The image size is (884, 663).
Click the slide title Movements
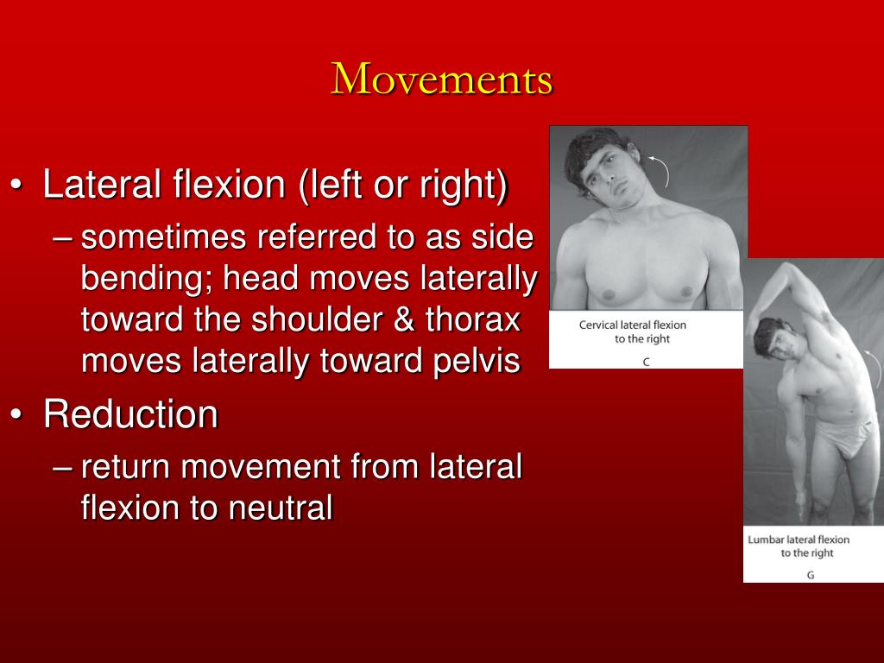442,79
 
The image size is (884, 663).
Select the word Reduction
131,414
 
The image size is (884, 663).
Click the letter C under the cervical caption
646,362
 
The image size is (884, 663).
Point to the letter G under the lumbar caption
811,574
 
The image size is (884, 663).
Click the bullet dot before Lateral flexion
18,186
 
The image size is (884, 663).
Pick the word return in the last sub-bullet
124,467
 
